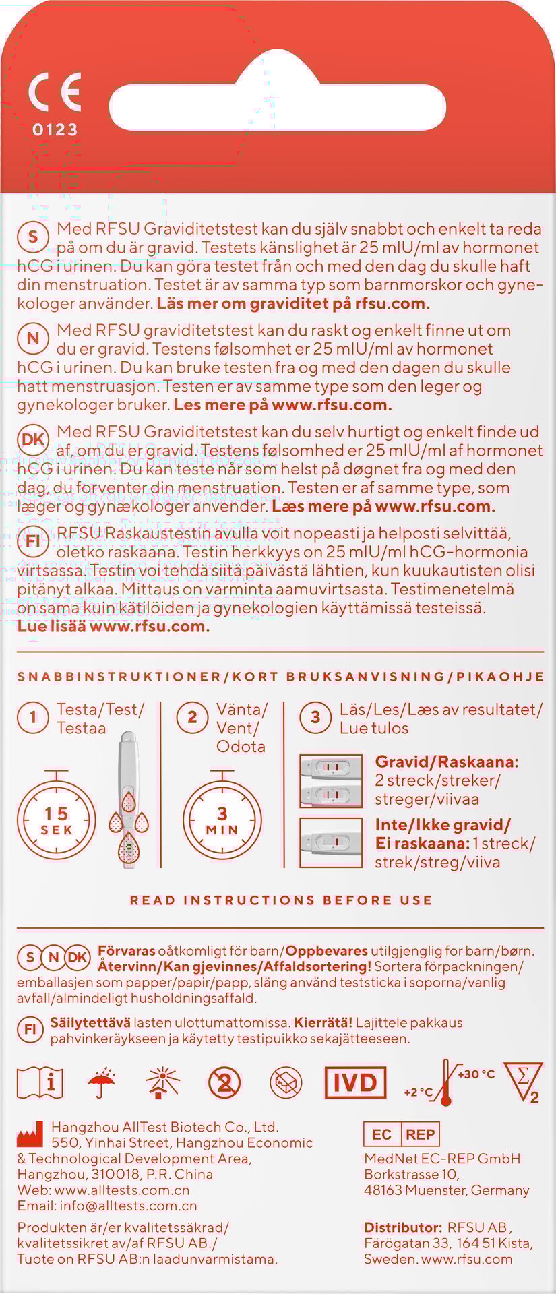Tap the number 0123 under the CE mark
coord(55,129)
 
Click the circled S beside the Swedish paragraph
coord(33,237)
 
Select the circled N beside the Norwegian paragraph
coord(33,338)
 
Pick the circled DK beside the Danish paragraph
coord(33,440)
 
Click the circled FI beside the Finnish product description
coord(33,541)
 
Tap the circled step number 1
coord(33,717)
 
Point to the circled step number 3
coord(315,717)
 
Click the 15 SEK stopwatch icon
coord(57,818)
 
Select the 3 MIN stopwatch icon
coord(222,818)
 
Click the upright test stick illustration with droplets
coord(129,799)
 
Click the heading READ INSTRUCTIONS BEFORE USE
coord(281,900)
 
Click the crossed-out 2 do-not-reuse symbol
coord(224,1082)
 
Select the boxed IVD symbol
coord(355,1082)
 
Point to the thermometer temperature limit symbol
coord(445,1082)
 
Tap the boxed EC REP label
coord(402,1134)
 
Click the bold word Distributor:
coord(403,1227)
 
